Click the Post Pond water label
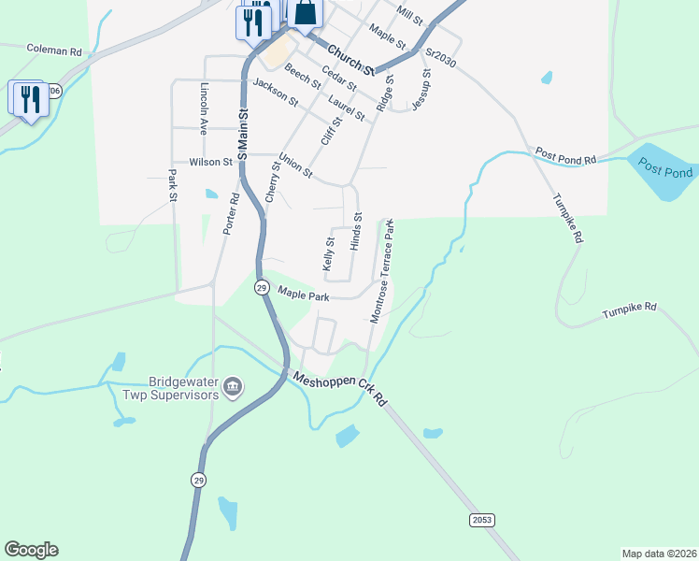pyautogui.click(x=665, y=167)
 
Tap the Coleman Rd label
pyautogui.click(x=54, y=48)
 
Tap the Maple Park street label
pyautogui.click(x=304, y=295)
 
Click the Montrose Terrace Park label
pyautogui.click(x=382, y=272)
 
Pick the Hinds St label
pyautogui.click(x=356, y=231)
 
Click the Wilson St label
pyautogui.click(x=210, y=162)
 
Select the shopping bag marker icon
pyautogui.click(x=305, y=13)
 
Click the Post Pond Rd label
pyautogui.click(x=565, y=155)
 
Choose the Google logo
pyautogui.click(x=31, y=550)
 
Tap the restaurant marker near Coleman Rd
pyautogui.click(x=30, y=98)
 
